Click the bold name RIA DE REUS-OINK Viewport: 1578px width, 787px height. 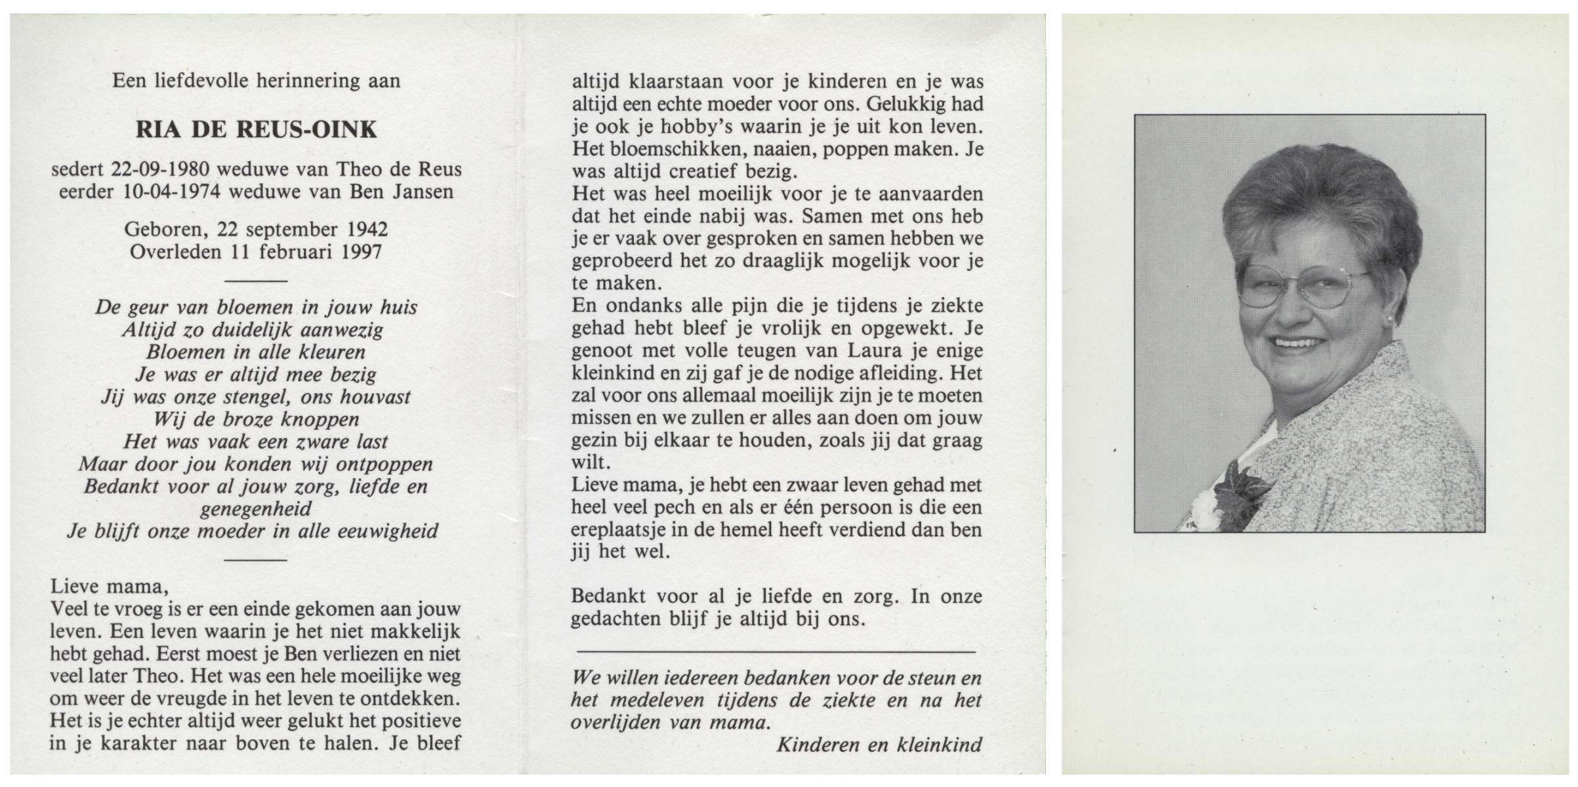point(256,130)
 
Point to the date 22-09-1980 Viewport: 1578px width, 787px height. point(161,169)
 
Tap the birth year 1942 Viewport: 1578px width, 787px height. point(364,230)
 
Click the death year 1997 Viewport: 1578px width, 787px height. point(362,252)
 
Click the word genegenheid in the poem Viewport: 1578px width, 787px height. point(256,509)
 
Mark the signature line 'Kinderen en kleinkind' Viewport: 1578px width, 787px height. point(879,744)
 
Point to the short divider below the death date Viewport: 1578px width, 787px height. point(256,281)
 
